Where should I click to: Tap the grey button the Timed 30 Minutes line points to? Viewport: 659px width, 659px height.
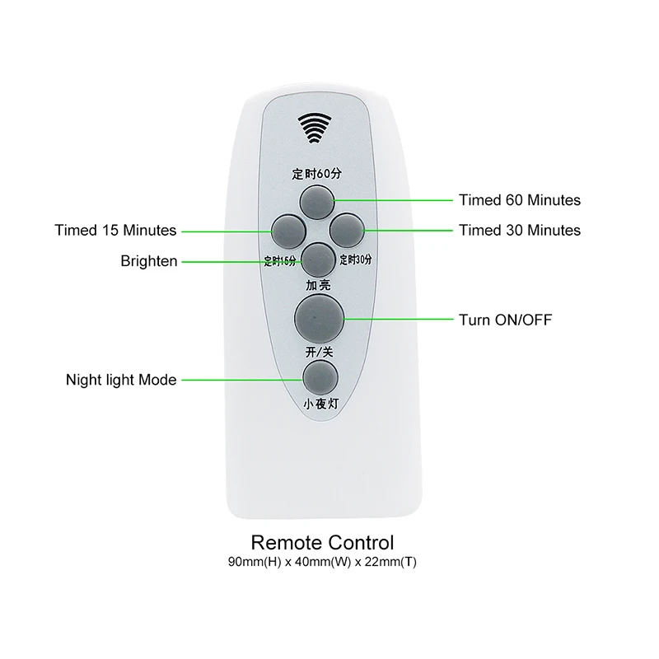(x=346, y=229)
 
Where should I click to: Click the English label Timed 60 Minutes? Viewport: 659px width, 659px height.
(x=519, y=200)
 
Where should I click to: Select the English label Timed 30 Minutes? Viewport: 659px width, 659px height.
(x=519, y=230)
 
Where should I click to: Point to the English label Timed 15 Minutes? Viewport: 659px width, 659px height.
(x=116, y=230)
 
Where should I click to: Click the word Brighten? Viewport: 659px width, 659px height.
(x=149, y=261)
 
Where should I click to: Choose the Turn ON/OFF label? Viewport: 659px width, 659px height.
(x=506, y=319)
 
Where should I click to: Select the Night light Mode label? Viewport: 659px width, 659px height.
(x=121, y=380)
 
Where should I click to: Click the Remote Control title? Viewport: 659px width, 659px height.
(x=322, y=542)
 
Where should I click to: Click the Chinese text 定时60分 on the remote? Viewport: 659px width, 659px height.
(x=316, y=174)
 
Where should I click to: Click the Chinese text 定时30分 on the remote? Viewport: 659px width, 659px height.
(x=357, y=259)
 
